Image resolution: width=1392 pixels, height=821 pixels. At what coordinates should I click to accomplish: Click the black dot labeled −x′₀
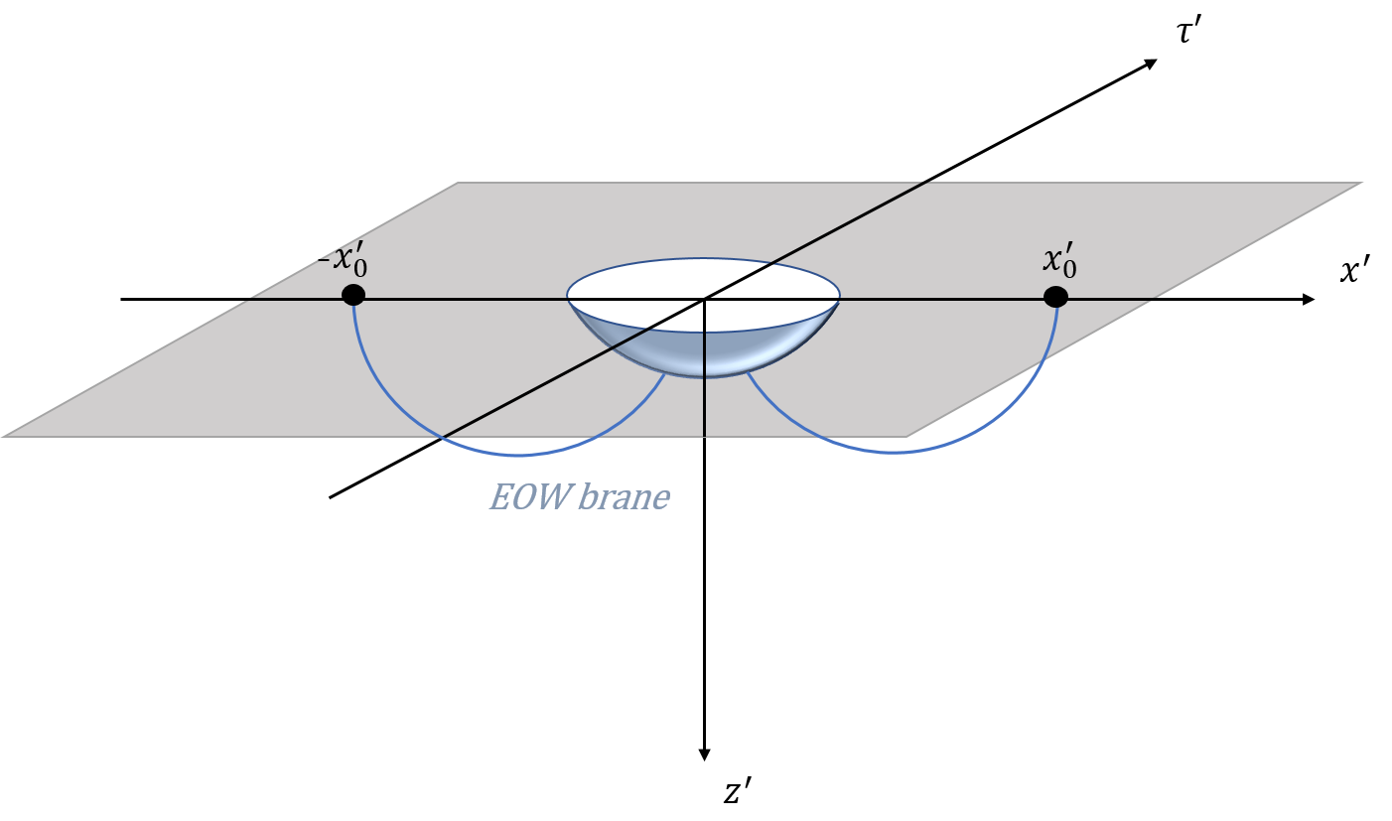[353, 295]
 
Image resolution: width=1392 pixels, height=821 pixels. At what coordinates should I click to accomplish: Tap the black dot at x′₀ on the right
[1055, 297]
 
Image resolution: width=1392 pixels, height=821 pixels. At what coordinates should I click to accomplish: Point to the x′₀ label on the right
[1059, 261]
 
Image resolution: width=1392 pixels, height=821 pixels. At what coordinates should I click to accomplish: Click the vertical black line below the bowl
[704, 407]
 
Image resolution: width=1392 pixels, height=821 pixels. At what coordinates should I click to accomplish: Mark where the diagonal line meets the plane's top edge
[927, 183]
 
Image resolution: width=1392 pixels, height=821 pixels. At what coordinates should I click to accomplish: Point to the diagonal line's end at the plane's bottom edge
[442, 436]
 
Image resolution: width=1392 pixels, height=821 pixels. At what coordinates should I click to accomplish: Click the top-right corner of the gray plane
[1362, 183]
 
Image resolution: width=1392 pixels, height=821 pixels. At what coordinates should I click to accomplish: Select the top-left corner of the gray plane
[458, 183]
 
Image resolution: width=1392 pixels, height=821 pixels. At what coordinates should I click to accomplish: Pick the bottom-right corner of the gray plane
[906, 436]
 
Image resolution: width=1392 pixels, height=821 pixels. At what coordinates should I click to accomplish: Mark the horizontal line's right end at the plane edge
[1157, 298]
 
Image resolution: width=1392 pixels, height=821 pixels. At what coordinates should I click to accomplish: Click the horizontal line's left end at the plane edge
[246, 299]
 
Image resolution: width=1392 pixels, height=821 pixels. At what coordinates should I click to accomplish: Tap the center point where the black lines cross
[704, 299]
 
